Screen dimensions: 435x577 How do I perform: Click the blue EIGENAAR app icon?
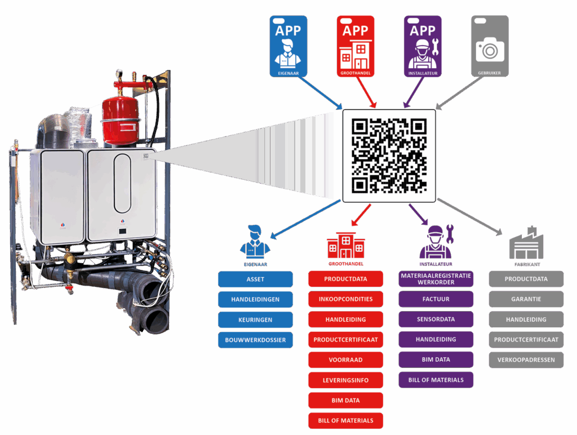coord(288,46)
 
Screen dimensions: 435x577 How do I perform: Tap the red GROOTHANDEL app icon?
coord(356,46)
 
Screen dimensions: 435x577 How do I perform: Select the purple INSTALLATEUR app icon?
coord(423,46)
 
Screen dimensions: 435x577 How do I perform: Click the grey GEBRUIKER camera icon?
coord(490,46)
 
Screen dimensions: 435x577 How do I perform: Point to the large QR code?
coord(389,156)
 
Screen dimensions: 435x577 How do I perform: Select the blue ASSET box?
coord(255,279)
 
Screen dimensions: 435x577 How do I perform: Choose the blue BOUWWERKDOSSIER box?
coord(255,340)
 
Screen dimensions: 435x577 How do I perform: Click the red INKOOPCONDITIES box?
coord(345,299)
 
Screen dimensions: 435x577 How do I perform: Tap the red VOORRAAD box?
coord(345,360)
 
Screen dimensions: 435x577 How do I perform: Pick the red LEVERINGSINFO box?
coord(345,380)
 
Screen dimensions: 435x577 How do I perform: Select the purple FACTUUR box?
coord(436,299)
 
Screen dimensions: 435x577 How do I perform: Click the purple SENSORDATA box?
coord(436,319)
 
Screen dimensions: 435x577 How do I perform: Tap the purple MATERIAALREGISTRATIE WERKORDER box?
coord(436,279)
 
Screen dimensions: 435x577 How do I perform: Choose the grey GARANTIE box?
coord(526,299)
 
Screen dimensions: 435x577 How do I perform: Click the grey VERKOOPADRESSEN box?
coord(526,360)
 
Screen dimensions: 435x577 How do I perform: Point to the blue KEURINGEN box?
coord(255,320)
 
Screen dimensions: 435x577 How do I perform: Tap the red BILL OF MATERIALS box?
coord(345,421)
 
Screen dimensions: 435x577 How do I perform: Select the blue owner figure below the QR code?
coord(255,243)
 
